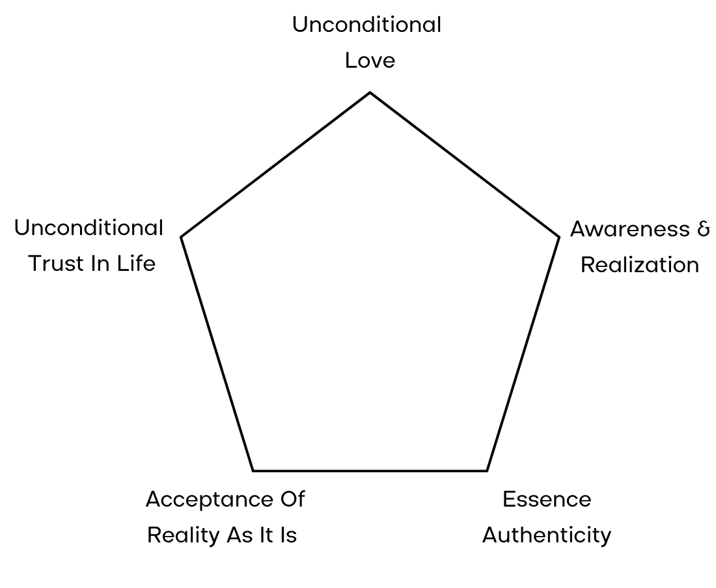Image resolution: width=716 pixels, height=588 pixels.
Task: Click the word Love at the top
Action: (x=370, y=61)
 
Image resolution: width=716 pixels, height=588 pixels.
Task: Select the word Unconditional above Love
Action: (x=366, y=25)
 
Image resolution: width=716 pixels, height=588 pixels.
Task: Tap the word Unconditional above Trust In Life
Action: (x=89, y=228)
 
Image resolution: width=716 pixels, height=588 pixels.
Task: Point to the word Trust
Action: (x=55, y=264)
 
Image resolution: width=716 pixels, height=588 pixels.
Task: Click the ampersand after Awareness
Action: (x=704, y=229)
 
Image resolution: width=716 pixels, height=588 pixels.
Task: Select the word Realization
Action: (x=640, y=265)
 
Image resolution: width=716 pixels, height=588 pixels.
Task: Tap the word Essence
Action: (x=547, y=499)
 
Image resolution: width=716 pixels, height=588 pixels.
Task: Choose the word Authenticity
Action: (x=547, y=535)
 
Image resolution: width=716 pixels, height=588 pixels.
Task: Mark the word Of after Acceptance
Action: (x=292, y=499)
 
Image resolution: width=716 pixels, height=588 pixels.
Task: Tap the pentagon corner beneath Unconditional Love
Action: (x=370, y=92)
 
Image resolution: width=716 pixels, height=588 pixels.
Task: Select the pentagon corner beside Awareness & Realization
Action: (x=558, y=236)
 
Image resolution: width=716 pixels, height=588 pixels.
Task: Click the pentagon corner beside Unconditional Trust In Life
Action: (x=181, y=236)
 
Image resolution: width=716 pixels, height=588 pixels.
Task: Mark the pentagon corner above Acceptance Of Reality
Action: (x=253, y=470)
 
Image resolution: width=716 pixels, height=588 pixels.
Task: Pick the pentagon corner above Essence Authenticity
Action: (x=487, y=470)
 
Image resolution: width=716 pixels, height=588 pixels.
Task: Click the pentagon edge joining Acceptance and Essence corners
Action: (x=370, y=470)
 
